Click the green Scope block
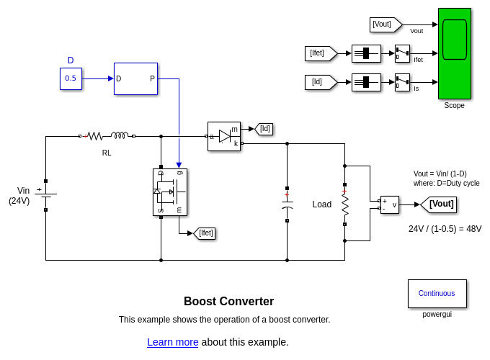pos(454,53)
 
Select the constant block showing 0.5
pos(71,78)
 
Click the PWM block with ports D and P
pos(135,78)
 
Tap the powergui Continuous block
pos(437,293)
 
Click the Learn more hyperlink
pos(172,342)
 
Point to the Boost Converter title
pos(228,302)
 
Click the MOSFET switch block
pos(169,192)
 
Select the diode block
pos(223,136)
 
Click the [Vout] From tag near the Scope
pos(385,24)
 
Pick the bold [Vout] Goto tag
pos(440,204)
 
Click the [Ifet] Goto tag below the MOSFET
pos(205,233)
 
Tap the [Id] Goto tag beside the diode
pos(264,129)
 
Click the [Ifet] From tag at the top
pos(320,53)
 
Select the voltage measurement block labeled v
pos(389,204)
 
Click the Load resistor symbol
pos(344,204)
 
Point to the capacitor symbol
pos(287,204)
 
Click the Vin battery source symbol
pos(45,194)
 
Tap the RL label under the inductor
pos(107,153)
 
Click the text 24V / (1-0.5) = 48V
pos(445,229)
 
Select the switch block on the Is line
pos(402,82)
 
